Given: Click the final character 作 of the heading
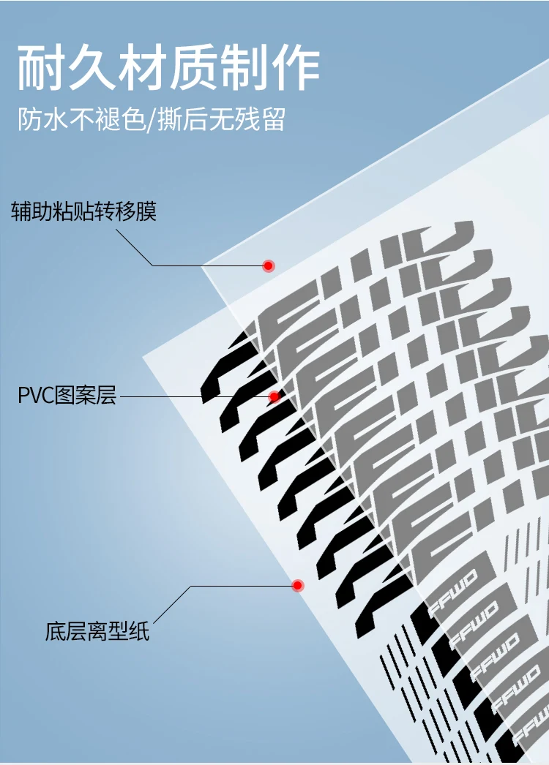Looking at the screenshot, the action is coord(298,69).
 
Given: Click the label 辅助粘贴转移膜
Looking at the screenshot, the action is coord(84,212).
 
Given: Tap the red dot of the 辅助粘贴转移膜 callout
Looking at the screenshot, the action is coord(269,265).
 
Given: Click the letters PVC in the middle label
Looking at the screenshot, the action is coord(36,397).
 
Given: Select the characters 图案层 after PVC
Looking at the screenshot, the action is coord(85,397).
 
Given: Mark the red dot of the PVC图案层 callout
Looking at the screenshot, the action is coord(274,397).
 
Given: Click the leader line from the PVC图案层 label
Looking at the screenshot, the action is coord(190,397).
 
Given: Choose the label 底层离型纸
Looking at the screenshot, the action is coord(97,631).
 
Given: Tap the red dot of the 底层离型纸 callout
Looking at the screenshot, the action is coord(297,586).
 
